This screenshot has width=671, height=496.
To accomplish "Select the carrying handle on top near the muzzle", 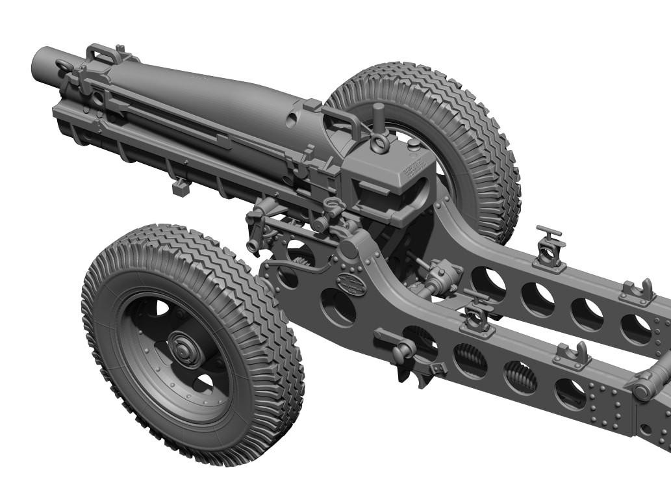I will [102, 53].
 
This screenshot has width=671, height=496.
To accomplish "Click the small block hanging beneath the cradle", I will [181, 187].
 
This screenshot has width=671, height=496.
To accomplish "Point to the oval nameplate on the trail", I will [351, 285].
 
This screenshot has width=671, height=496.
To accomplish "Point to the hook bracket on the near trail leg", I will [572, 353].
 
